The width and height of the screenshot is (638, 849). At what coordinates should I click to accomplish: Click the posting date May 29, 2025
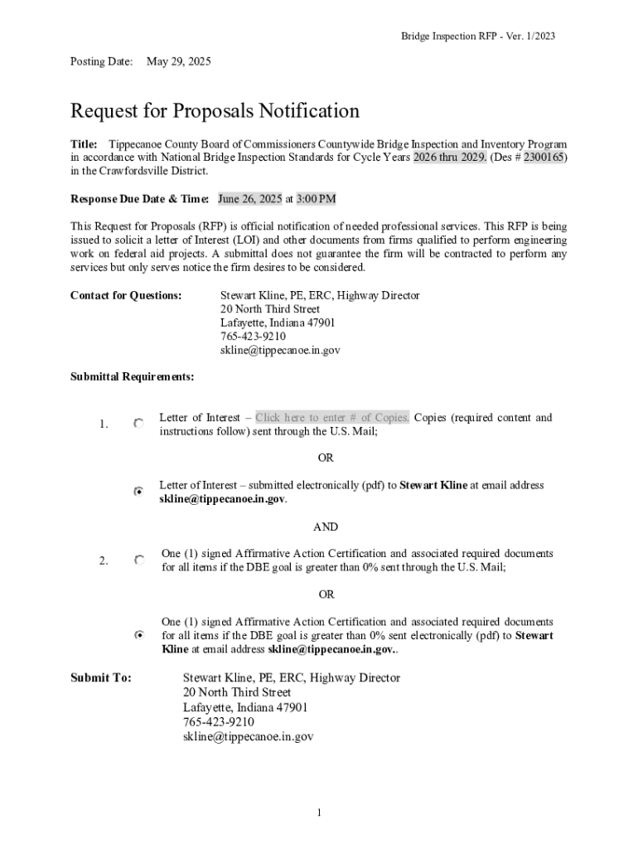[178, 61]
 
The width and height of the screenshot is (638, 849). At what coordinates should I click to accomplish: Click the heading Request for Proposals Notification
[215, 111]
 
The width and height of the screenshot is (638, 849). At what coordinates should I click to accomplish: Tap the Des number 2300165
[544, 158]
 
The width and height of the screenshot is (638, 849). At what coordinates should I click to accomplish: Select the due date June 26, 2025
[249, 199]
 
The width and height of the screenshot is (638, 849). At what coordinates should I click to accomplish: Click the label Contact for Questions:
[126, 296]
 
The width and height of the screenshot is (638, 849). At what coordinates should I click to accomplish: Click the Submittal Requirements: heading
[133, 376]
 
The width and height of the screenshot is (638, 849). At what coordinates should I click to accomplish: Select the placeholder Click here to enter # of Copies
[331, 418]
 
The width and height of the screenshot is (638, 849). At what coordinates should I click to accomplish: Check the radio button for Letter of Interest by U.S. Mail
[139, 424]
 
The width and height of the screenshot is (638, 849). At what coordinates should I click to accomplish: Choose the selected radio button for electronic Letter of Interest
[139, 492]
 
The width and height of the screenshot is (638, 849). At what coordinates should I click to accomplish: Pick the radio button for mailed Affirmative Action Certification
[139, 560]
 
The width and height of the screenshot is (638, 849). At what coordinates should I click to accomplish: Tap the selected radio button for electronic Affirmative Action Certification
[139, 635]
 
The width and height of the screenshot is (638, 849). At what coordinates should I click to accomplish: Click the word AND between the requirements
[326, 526]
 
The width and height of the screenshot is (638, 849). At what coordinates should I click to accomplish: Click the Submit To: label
[101, 678]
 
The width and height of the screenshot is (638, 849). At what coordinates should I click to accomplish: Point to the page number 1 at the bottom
[319, 812]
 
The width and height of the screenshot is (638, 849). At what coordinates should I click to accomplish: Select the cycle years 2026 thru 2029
[450, 158]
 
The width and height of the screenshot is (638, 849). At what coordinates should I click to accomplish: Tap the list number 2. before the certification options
[104, 560]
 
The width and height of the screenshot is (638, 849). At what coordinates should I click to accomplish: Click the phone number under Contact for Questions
[253, 337]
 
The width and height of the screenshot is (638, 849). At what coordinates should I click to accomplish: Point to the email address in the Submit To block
[248, 736]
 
